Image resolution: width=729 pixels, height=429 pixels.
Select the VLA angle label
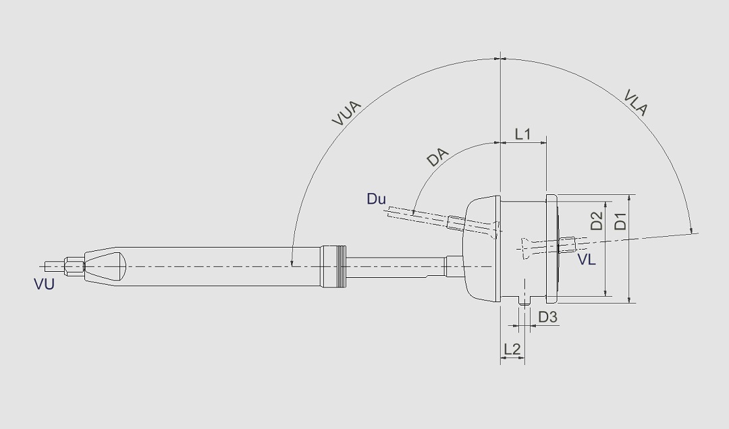(636, 103)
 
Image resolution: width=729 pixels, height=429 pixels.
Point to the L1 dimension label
(523, 134)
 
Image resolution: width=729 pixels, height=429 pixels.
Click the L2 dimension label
(512, 349)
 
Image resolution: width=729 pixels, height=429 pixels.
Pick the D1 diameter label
(620, 221)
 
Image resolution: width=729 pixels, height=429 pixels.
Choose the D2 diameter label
(597, 221)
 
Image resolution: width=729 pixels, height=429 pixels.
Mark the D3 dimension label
(547, 317)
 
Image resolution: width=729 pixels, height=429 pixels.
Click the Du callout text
(376, 199)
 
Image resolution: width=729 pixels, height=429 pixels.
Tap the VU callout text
(44, 284)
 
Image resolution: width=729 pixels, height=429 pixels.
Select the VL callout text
(587, 259)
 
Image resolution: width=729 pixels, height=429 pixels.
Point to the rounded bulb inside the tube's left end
(108, 266)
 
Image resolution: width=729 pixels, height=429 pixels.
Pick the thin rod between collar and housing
(395, 266)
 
